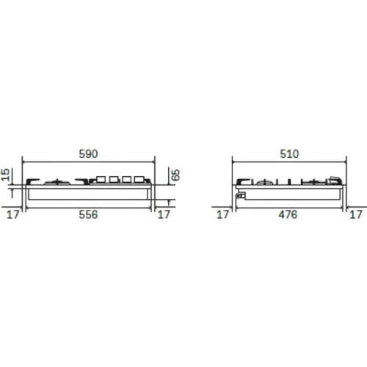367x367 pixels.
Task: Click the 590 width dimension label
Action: pyautogui.click(x=88, y=154)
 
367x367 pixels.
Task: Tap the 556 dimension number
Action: pyautogui.click(x=88, y=214)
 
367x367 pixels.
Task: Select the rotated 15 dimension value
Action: pyautogui.click(x=5, y=175)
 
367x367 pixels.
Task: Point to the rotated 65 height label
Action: pyautogui.click(x=175, y=175)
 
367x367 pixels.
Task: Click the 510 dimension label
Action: pyautogui.click(x=289, y=154)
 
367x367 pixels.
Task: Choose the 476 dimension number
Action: pyautogui.click(x=288, y=214)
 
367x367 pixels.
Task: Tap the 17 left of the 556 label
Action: pyautogui.click(x=12, y=214)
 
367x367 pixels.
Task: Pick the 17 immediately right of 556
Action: pyautogui.click(x=164, y=214)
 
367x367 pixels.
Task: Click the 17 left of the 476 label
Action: pyautogui.click(x=222, y=214)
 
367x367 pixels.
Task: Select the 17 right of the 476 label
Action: pyautogui.click(x=356, y=214)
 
